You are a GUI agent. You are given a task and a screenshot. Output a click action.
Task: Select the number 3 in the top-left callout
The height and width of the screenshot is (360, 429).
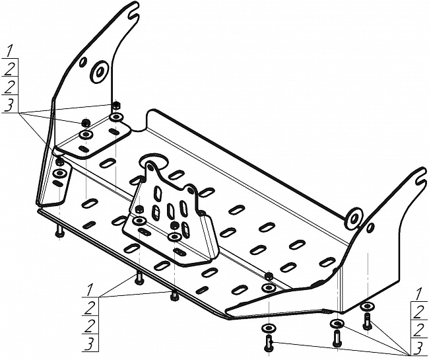point(8,105)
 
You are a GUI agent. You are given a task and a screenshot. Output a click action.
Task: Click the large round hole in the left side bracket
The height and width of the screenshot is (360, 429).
point(100,71)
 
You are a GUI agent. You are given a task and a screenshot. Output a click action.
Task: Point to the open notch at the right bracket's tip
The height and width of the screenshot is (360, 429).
point(419,177)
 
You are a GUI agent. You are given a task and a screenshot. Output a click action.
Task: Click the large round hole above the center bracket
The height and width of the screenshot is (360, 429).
point(151,165)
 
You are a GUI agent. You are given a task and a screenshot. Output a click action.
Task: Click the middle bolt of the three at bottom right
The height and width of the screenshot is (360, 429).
point(336,336)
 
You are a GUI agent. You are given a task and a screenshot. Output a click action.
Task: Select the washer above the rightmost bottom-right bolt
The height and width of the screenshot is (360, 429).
point(367,306)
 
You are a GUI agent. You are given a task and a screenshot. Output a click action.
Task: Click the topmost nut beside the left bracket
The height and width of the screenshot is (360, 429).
point(116,105)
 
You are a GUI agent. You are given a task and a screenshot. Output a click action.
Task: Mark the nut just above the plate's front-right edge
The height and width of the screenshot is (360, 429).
point(269,275)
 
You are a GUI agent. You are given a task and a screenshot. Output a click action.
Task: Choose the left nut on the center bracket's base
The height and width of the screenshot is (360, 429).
point(139,210)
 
